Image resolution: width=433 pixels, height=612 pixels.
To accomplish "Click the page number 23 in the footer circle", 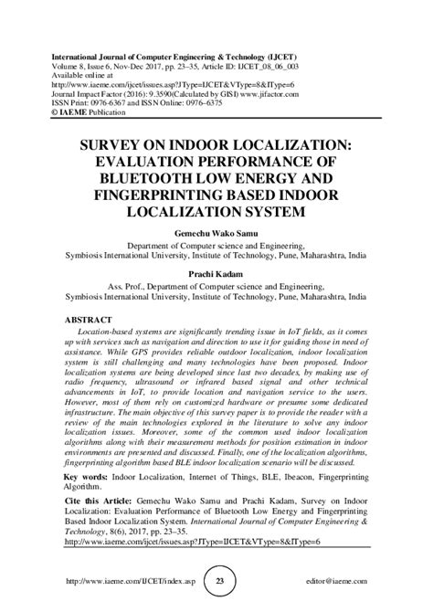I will (x=216, y=581).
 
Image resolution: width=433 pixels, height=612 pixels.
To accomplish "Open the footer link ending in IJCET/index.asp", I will (x=120, y=581).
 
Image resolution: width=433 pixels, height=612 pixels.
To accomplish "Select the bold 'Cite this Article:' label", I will (x=101, y=501).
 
